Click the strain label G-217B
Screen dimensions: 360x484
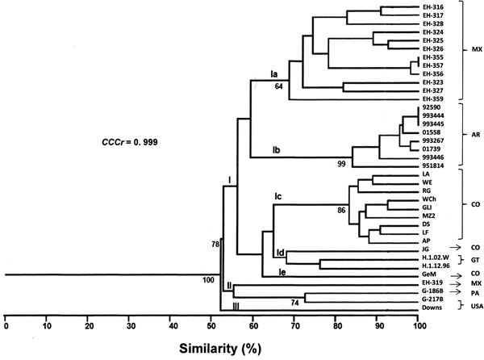(432, 299)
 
